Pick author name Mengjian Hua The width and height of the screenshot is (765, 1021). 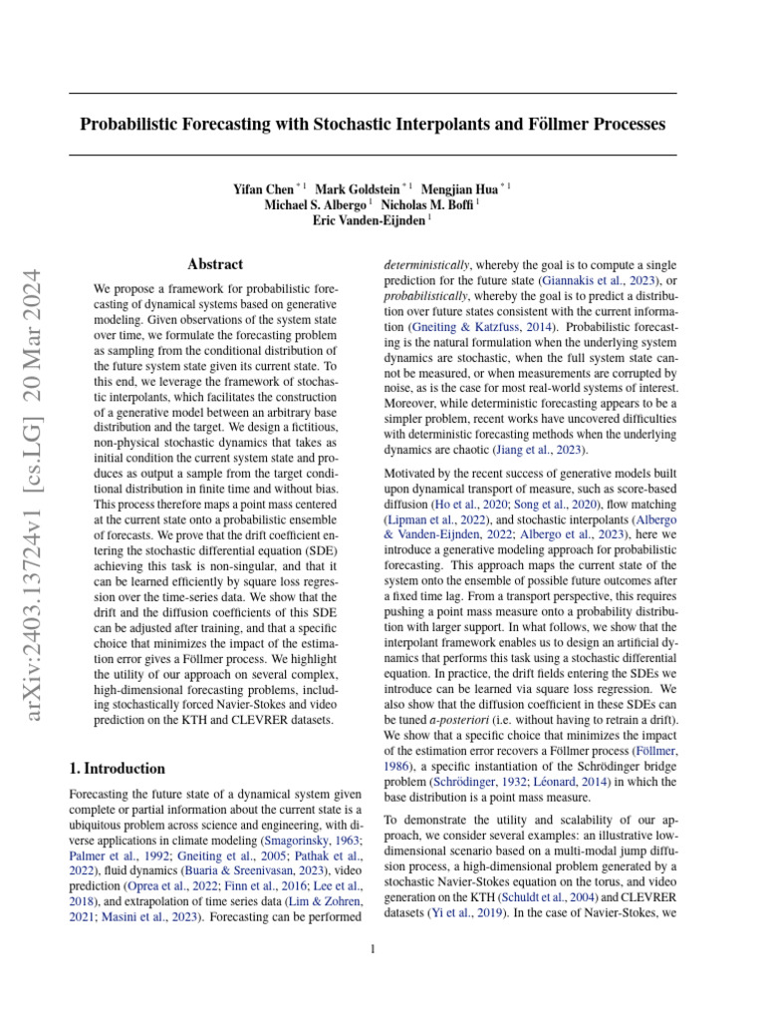click(x=463, y=187)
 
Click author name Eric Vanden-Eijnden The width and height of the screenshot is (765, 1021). click(x=370, y=220)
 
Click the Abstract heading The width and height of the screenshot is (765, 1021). click(x=215, y=264)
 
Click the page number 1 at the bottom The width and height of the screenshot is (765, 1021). click(x=373, y=949)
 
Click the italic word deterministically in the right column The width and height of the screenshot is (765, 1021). click(x=426, y=266)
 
